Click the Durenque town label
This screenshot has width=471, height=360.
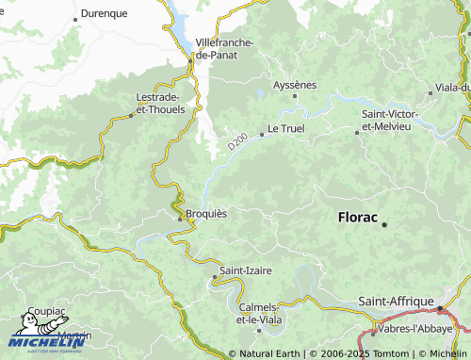(105, 14)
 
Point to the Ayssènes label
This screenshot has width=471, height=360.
(294, 85)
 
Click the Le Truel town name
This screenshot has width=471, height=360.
(285, 128)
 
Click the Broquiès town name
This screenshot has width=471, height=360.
(205, 213)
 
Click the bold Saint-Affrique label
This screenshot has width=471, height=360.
(395, 302)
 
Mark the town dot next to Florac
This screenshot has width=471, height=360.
(384, 225)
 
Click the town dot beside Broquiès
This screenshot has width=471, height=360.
(180, 219)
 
